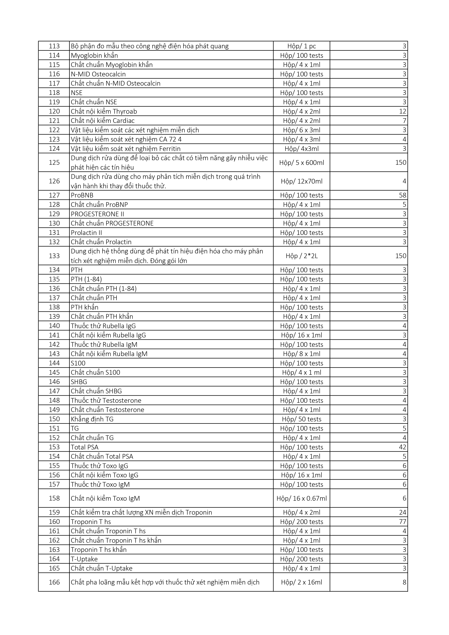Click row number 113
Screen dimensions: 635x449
pyautogui.click(x=54, y=46)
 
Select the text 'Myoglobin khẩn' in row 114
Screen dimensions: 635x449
pyautogui.click(x=94, y=56)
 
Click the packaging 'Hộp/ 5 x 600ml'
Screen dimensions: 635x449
pyautogui.click(x=302, y=163)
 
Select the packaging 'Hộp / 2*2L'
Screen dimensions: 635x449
pyautogui.click(x=302, y=256)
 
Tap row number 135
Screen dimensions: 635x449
pyautogui.click(x=54, y=279)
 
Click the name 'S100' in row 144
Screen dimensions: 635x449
pyautogui.click(x=78, y=363)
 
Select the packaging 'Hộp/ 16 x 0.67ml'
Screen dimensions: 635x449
pyautogui.click(x=302, y=498)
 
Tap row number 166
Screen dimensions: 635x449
pyautogui.click(x=54, y=582)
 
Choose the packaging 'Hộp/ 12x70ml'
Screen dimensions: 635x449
pyautogui.click(x=302, y=181)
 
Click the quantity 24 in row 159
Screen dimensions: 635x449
pyautogui.click(x=402, y=512)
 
